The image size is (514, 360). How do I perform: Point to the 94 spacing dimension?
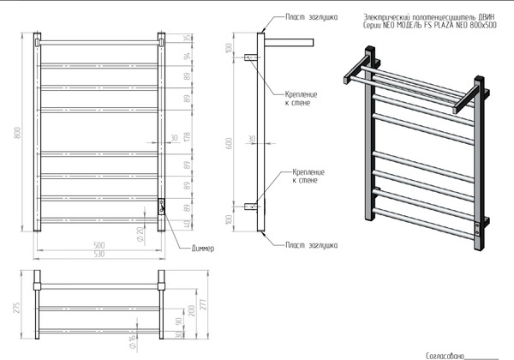[x=186, y=57]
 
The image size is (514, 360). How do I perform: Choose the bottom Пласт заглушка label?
[x=311, y=244]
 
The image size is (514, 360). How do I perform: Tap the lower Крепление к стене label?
[x=306, y=177]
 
